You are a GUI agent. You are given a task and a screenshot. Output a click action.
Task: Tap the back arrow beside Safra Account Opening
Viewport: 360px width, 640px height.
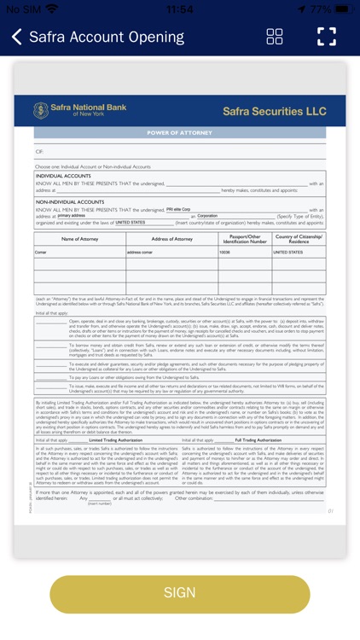[17, 37]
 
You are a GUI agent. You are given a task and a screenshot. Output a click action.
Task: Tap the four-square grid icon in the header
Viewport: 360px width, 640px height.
[275, 37]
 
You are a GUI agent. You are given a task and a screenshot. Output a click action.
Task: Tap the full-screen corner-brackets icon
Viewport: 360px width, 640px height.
[327, 37]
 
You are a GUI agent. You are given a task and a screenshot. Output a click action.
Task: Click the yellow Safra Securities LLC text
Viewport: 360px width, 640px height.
[274, 111]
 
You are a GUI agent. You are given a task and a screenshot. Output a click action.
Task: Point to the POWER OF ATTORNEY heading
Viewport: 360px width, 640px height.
[180, 133]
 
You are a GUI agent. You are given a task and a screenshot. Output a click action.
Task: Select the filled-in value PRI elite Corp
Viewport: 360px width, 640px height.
[178, 208]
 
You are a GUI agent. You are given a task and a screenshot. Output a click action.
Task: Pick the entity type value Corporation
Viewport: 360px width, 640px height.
[207, 216]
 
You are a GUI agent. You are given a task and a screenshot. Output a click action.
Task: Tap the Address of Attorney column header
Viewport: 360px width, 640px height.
[171, 239]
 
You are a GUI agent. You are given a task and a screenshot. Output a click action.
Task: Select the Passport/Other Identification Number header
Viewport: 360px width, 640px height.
[244, 239]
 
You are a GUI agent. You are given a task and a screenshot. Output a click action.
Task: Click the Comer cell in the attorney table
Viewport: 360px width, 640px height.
[41, 253]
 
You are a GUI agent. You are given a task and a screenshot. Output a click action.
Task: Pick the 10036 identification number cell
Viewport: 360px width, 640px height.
[225, 253]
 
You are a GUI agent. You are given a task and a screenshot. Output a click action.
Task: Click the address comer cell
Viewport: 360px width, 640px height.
[141, 253]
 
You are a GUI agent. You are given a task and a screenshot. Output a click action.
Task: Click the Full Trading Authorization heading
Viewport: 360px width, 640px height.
[258, 439]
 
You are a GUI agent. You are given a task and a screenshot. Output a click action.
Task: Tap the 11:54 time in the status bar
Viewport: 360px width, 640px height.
[179, 9]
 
